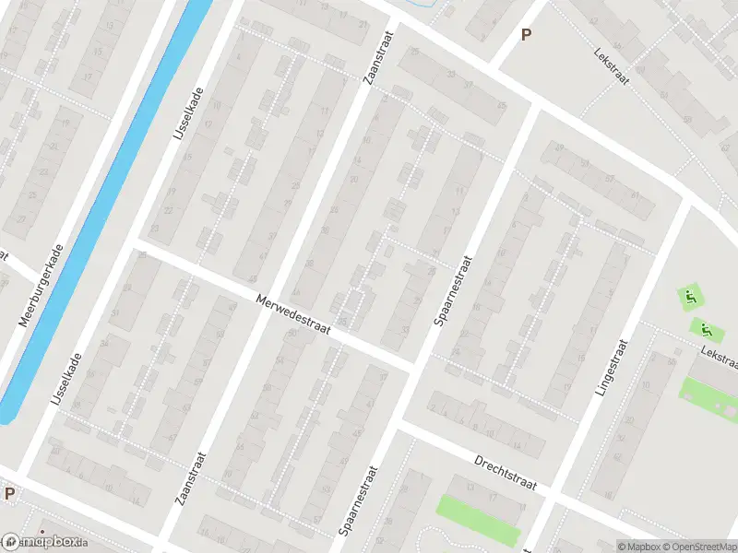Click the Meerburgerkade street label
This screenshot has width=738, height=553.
tap(42, 287)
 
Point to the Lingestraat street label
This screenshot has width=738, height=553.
tap(612, 367)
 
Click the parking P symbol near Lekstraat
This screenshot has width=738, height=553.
tap(527, 35)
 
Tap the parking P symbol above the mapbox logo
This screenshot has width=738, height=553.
tap(9, 493)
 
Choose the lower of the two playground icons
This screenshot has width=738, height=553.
tap(705, 328)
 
